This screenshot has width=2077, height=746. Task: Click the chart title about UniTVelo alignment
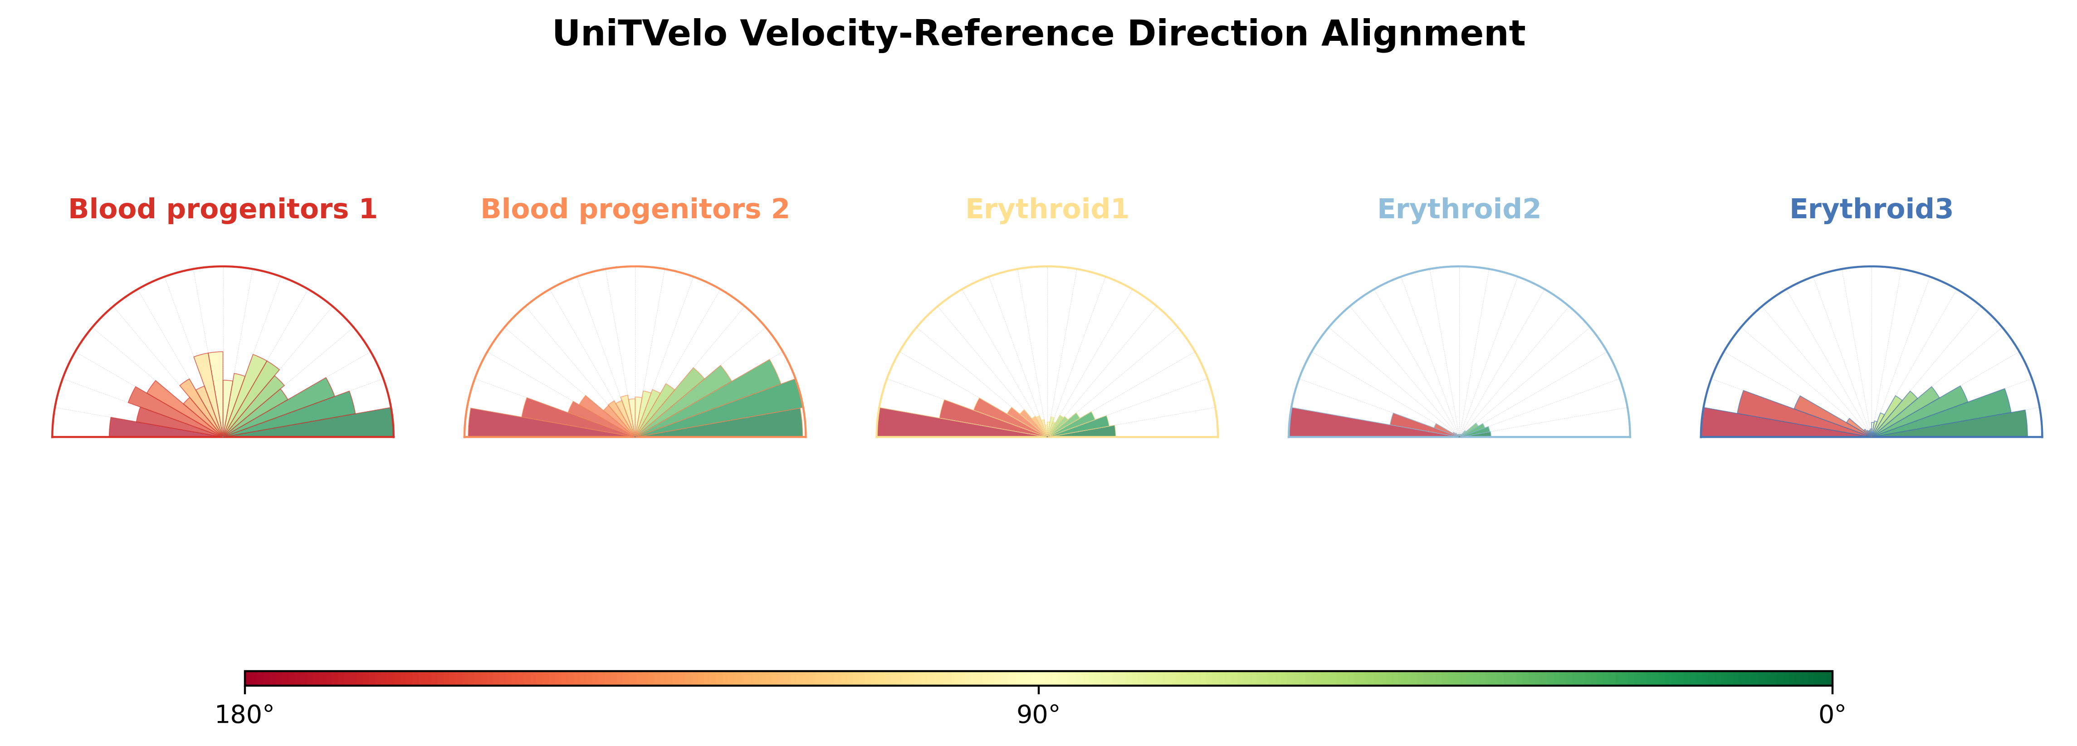tap(1039, 34)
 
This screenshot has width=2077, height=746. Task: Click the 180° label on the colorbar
tap(244, 715)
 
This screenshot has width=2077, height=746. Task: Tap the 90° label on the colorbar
tap(1039, 715)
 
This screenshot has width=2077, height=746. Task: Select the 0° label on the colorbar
tap(1833, 715)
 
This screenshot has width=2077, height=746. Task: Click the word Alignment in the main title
tap(1423, 34)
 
